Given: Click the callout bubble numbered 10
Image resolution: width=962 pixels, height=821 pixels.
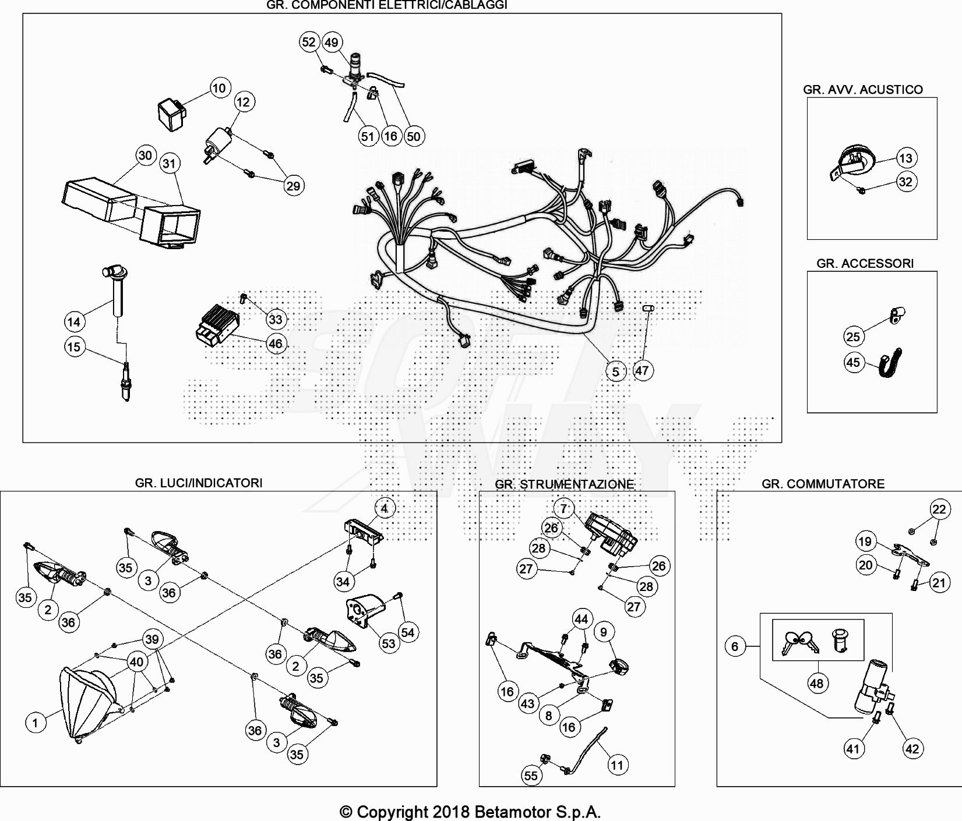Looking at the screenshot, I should (x=219, y=88).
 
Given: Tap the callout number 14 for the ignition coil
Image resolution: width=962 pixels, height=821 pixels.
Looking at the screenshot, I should (x=74, y=321).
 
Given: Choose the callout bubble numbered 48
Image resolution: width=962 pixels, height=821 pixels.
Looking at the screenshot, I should (x=816, y=683).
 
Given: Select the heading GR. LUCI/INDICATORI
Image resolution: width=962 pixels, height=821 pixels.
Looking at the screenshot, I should (x=199, y=483).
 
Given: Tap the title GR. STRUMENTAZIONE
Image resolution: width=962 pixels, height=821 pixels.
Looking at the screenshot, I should (x=564, y=484).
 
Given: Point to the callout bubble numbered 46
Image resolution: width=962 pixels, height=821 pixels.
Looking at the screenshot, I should (x=275, y=344).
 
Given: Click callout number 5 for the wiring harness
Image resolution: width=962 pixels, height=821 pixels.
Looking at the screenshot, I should (x=616, y=371).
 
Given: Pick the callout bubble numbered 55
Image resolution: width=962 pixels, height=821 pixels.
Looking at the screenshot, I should (x=531, y=775).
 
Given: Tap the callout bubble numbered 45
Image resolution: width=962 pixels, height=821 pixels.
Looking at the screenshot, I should (x=853, y=362).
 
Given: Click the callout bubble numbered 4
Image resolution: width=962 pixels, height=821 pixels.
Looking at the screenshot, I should (x=385, y=508).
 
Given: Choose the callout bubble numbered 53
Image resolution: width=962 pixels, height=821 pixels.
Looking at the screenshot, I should (x=388, y=643).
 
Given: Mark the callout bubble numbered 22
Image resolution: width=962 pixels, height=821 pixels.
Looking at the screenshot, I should (x=939, y=509).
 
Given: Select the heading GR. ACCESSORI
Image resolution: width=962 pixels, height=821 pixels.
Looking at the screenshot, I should (x=865, y=263).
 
